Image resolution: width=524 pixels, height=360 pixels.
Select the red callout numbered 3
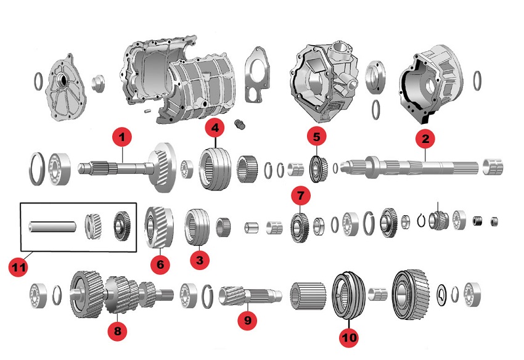[199, 261]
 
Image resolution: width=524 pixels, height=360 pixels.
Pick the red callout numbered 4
[214, 128]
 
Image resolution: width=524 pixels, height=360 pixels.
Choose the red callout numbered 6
[160, 264]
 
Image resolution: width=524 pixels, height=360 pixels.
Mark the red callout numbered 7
[300, 197]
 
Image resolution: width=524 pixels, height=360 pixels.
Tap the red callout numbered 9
[247, 321]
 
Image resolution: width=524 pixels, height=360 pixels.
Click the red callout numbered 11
[18, 268]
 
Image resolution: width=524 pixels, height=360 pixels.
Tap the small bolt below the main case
[241, 125]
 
